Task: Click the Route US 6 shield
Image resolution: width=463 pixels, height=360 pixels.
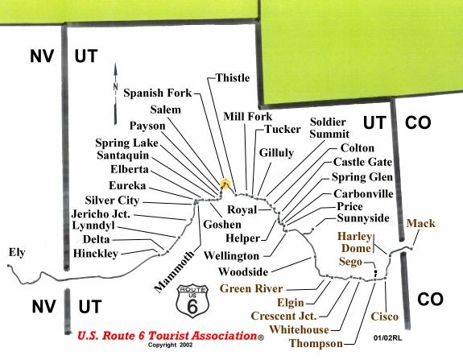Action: click(x=192, y=301)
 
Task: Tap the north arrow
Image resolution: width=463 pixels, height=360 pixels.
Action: click(x=115, y=93)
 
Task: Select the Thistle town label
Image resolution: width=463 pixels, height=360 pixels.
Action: click(x=233, y=78)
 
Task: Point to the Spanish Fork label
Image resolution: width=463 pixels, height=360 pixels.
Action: click(x=158, y=93)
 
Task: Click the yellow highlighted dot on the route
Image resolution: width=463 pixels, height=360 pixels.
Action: click(x=225, y=184)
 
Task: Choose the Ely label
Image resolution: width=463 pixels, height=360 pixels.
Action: click(x=17, y=253)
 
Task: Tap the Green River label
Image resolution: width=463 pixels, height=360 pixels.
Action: click(x=251, y=288)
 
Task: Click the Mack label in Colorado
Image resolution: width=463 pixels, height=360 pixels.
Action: click(x=421, y=223)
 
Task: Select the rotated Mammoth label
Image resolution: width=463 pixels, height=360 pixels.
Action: click(x=175, y=271)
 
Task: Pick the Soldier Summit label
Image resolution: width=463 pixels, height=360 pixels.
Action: click(x=329, y=128)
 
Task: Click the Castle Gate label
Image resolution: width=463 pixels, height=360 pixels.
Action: click(x=362, y=162)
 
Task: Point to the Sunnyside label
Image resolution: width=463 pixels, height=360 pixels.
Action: click(x=363, y=218)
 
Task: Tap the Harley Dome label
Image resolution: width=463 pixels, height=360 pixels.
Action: click(x=355, y=242)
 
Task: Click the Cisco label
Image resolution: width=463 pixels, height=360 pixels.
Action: click(x=384, y=317)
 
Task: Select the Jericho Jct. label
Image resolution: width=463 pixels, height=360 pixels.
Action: click(x=101, y=213)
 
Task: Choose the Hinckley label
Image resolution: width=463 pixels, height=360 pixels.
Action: click(x=96, y=254)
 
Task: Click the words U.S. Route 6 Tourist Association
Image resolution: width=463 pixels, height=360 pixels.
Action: click(x=167, y=336)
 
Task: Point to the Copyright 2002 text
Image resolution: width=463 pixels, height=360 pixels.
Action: click(x=171, y=345)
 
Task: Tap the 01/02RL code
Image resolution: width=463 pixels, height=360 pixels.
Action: click(x=387, y=338)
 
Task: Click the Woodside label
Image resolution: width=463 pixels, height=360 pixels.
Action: click(x=243, y=271)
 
